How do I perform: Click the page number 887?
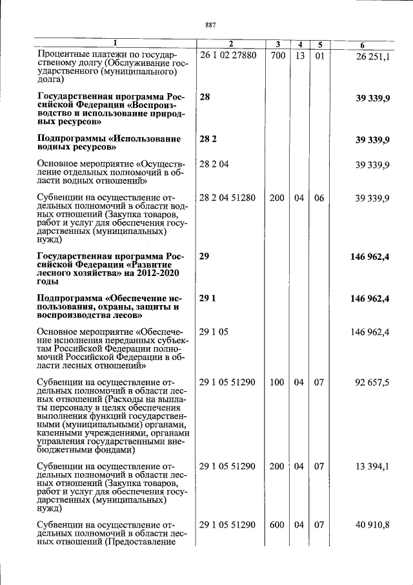pos(210,25)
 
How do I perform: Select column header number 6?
pos(363,45)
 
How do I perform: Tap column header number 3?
pos(277,45)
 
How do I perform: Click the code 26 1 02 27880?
pos(228,56)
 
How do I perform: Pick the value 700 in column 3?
pos(277,56)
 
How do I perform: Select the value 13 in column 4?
pos(299,56)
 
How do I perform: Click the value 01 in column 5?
pos(319,56)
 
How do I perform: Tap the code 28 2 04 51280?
pos(228,198)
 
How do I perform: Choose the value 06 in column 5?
pos(319,198)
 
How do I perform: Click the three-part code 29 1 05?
pos(214,332)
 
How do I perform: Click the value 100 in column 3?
pos(277,382)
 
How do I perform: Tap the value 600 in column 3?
pos(277,525)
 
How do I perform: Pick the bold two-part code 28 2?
pos(208,139)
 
